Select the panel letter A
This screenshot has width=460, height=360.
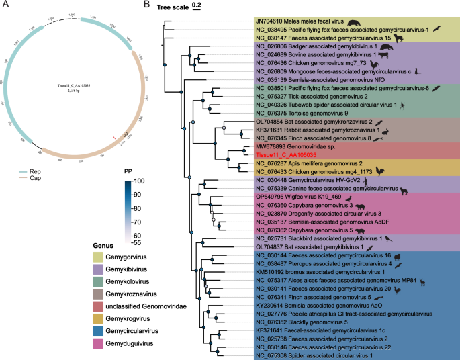[5, 5]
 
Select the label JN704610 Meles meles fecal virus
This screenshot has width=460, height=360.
[306, 22]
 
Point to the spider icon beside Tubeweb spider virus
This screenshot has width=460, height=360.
[400, 105]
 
